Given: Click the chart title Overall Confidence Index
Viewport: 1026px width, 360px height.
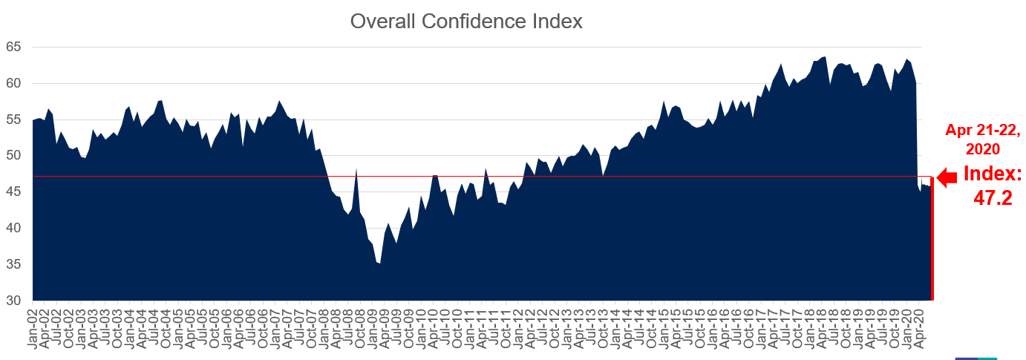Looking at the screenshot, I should pos(466,22).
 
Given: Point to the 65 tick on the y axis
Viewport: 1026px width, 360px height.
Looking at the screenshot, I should pos(13,47).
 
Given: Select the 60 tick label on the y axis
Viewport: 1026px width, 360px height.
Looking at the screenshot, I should pos(13,83).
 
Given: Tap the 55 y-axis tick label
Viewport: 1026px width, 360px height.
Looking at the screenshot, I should pos(13,120).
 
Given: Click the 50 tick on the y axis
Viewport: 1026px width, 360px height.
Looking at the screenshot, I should pos(13,156).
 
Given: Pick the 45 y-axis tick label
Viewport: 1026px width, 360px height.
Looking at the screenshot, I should pos(13,192).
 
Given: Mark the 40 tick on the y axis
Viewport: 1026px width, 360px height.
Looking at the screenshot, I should pos(13,229).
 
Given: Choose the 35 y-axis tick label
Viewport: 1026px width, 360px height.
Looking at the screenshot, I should pos(13,265).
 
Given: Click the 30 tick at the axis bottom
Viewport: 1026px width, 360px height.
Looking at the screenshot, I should pos(13,301).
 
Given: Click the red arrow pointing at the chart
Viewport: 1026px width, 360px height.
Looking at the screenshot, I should pos(947,177).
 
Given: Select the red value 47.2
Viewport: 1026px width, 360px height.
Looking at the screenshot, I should pos(993,198).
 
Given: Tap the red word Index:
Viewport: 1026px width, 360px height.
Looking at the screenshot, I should pos(993,174).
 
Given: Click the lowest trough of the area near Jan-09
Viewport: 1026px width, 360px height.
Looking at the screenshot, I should pos(379,264).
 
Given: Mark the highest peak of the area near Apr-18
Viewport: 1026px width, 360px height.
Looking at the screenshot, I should pos(825,56).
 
